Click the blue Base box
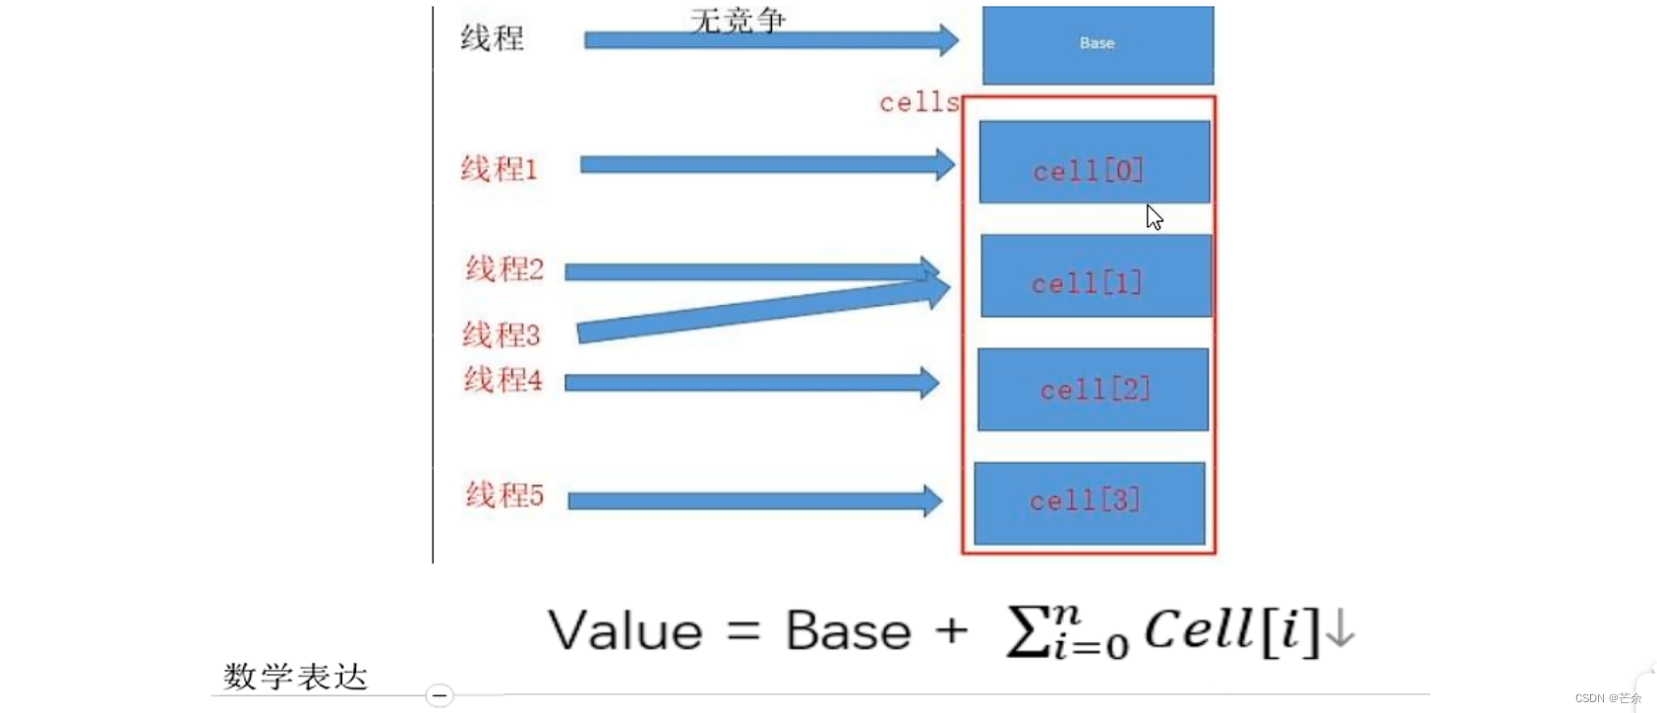pyautogui.click(x=1097, y=44)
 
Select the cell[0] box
pyautogui.click(x=1094, y=162)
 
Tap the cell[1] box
pyautogui.click(x=1095, y=275)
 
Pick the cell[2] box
pyautogui.click(x=1093, y=389)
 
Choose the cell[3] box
pyautogui.click(x=1089, y=503)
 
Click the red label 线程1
pyautogui.click(x=499, y=169)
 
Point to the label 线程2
pyautogui.click(x=503, y=268)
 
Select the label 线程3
pyautogui.click(x=501, y=334)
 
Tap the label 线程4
pyautogui.click(x=503, y=380)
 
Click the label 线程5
pyautogui.click(x=503, y=495)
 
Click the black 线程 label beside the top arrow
pyautogui.click(x=492, y=38)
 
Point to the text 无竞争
pyautogui.click(x=738, y=20)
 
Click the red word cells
pyautogui.click(x=918, y=102)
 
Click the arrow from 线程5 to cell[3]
pyautogui.click(x=753, y=501)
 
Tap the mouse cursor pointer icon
pyautogui.click(x=1154, y=217)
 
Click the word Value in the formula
pyautogui.click(x=625, y=630)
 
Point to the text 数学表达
pyautogui.click(x=295, y=677)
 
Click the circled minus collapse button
pyautogui.click(x=440, y=695)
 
